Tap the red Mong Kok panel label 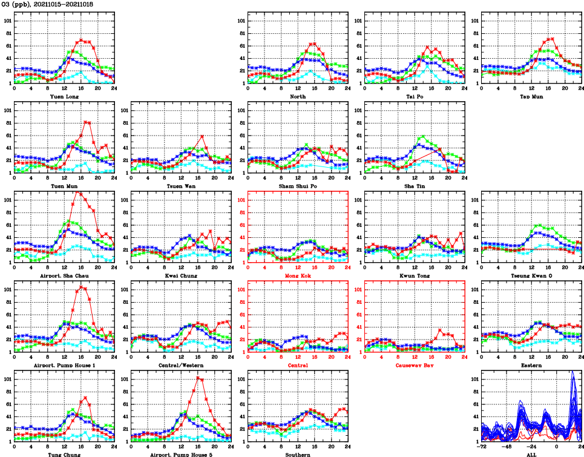tap(297, 276)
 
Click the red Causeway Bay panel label tap(414, 366)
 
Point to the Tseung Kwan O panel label tap(531, 276)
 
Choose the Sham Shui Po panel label tap(297, 186)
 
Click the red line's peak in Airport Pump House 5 tap(198, 378)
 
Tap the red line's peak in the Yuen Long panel tap(81, 40)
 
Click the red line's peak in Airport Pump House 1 tap(81, 287)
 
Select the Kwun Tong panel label tap(414, 276)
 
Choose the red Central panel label tap(297, 366)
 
